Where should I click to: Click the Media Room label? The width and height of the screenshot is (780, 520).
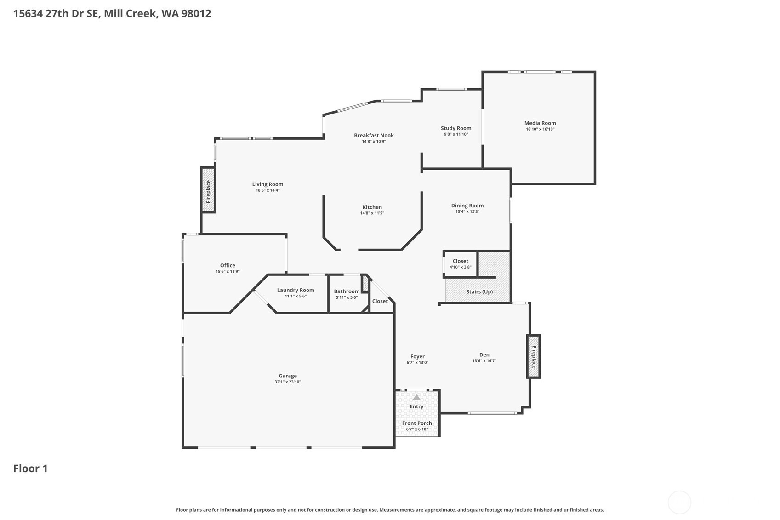540,123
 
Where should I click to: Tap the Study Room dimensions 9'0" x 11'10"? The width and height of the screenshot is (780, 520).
456,134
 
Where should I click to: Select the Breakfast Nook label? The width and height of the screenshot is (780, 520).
374,135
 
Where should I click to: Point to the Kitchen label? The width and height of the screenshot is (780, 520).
372,207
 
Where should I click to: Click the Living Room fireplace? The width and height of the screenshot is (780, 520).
208,190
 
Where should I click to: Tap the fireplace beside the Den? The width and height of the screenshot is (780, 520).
534,357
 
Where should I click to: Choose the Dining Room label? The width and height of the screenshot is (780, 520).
467,206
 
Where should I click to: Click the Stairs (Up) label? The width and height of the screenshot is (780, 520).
479,291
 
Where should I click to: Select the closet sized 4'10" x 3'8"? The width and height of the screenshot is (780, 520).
461,263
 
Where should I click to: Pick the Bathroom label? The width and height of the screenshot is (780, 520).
347,291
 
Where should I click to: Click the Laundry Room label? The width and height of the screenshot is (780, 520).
296,290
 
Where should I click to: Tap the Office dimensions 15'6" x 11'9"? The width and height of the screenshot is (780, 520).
228,272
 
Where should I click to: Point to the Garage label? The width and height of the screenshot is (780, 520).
288,376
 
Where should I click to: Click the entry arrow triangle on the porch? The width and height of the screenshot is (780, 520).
416,397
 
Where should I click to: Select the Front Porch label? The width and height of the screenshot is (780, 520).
417,423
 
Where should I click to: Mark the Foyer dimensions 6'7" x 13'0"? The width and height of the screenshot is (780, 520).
417,363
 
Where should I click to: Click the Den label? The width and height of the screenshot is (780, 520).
484,354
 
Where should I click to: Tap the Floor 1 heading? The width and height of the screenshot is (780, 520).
30,469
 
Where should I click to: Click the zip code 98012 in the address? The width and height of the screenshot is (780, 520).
196,14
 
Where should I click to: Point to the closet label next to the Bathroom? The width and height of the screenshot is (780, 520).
380,301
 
